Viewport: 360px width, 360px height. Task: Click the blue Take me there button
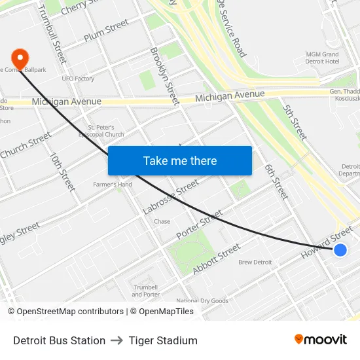pos(180,160)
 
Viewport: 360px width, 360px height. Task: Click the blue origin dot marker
pos(340,249)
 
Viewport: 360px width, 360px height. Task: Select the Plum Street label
pos(106,30)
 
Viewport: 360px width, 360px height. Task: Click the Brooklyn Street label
pos(164,76)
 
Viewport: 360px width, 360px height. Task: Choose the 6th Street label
pos(276,181)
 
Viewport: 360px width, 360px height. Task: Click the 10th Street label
pos(63,172)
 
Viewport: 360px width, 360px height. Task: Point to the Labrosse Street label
pos(170,197)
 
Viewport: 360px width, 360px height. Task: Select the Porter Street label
pos(199,225)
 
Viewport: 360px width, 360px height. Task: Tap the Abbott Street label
pos(217,259)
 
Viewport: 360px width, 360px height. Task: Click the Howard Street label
pos(327,242)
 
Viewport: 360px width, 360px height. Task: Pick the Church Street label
pos(26,145)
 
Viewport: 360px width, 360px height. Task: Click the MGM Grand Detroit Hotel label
pos(322,58)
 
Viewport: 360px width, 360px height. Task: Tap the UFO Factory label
pos(79,79)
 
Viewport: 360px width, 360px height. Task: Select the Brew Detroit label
pos(255,262)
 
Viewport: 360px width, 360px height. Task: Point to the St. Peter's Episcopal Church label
pos(105,131)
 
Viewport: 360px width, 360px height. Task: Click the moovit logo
pos(320,339)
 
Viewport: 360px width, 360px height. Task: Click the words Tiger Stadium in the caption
pos(163,340)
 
